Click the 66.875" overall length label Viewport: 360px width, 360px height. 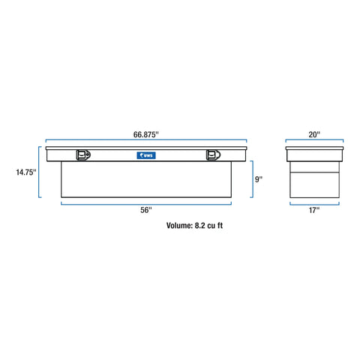[x=146, y=134]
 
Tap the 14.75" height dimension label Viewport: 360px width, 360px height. [x=26, y=172]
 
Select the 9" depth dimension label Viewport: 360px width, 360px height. [x=259, y=179]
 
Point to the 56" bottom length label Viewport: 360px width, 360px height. [x=146, y=210]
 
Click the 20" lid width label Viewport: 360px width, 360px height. [x=314, y=134]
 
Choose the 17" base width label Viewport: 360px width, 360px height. [x=314, y=210]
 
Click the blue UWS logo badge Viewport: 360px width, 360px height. [x=146, y=155]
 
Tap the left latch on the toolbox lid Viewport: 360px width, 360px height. [x=83, y=155]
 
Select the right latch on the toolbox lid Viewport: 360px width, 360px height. [x=213, y=155]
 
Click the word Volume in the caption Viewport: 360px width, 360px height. [x=179, y=226]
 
